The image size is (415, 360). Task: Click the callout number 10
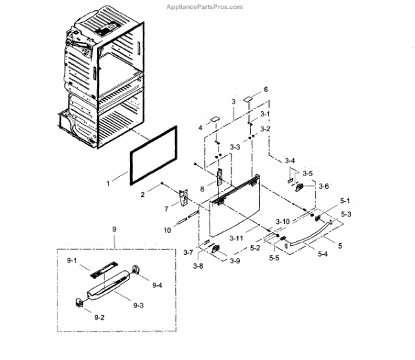pos(167,229)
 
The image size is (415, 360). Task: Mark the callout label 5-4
pos(323,254)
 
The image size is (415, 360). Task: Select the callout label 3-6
pos(323,186)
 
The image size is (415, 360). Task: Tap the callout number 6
pos(265,90)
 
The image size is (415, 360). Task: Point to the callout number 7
pos(166,207)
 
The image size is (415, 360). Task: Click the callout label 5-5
pos(274,258)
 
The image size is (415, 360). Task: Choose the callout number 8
pos(202,188)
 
